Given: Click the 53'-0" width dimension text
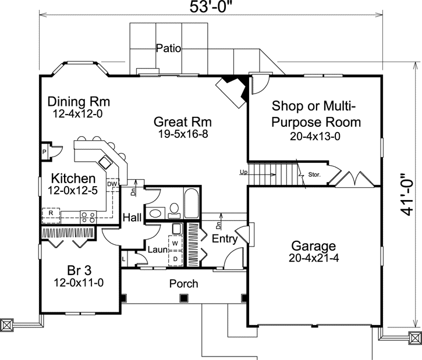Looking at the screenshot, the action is [x=211, y=7].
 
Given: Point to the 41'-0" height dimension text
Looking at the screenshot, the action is [x=407, y=195].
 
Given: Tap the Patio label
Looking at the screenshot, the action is [x=168, y=48].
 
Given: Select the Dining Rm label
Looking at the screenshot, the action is [x=79, y=102].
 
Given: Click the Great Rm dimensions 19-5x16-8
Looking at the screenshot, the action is [x=183, y=134].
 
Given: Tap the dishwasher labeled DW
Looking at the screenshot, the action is [x=112, y=184].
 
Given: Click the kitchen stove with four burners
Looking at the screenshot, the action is [x=88, y=217].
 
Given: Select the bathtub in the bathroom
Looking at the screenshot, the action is [x=192, y=203].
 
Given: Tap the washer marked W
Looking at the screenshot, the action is [x=175, y=243].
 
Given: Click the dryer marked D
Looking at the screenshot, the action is [x=175, y=259].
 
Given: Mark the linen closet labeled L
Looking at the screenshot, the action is [x=123, y=259].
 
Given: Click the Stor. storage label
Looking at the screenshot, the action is [x=314, y=174].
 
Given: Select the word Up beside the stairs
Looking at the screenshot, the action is [x=243, y=172].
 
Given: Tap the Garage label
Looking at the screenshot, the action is [x=314, y=246].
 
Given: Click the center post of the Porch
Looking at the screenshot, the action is [x=183, y=298].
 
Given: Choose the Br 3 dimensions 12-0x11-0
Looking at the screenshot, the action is [x=79, y=283].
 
